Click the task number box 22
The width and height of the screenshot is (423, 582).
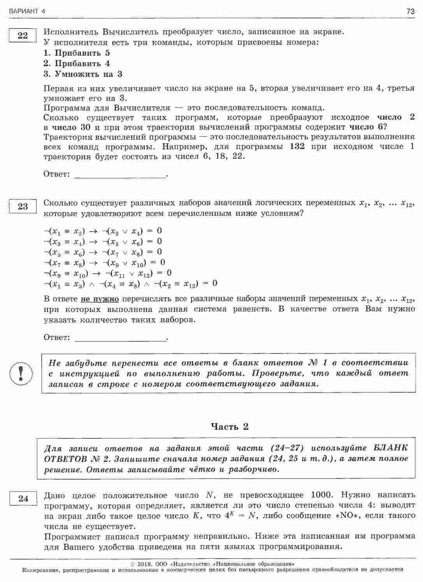[x=23, y=35]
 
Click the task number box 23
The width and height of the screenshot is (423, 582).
[x=23, y=206]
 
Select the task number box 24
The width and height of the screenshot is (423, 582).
[x=23, y=498]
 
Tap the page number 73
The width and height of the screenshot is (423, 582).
[x=410, y=12]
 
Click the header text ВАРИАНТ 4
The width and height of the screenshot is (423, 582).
[x=27, y=12]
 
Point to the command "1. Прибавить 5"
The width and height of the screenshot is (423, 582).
[x=77, y=53]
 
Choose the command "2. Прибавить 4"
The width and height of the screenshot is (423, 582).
[x=77, y=63]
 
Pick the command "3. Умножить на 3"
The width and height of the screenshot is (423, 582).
[x=83, y=74]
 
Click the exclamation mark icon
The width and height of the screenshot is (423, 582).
[x=22, y=373]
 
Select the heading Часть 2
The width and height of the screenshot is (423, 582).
[x=230, y=427]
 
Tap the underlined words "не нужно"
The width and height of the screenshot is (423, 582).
[x=100, y=299]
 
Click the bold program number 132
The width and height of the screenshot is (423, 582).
[x=297, y=146]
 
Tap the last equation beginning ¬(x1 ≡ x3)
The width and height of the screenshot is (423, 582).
[x=130, y=283]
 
